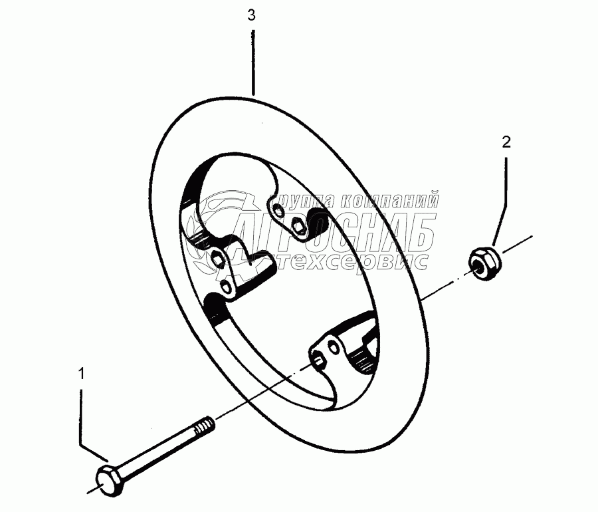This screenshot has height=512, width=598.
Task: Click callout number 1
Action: point(82,375)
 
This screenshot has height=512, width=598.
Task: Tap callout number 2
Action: point(506,141)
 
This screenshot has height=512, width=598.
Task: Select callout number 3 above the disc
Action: point(251,16)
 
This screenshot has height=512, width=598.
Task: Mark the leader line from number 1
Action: point(82,419)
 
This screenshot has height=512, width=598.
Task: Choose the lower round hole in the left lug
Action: point(228,287)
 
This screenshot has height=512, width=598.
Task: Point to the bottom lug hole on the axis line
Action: point(318,360)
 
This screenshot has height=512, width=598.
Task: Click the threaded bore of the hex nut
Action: point(478,260)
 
